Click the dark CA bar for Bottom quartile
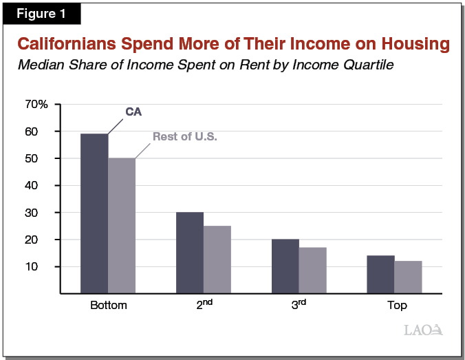[x=94, y=213]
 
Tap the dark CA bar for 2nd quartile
[x=190, y=253]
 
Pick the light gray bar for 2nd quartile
[x=217, y=260]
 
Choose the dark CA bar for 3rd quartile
[x=285, y=266]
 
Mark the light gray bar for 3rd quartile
[x=312, y=271]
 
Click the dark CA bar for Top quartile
[x=380, y=275]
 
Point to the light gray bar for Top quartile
[x=408, y=277]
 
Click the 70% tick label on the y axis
[x=36, y=105]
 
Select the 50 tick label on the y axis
[x=41, y=158]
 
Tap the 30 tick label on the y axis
[x=41, y=213]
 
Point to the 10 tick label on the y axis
[x=41, y=266]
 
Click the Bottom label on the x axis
[x=108, y=306]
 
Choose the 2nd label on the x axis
[x=203, y=305]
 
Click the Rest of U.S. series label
[x=184, y=136]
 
